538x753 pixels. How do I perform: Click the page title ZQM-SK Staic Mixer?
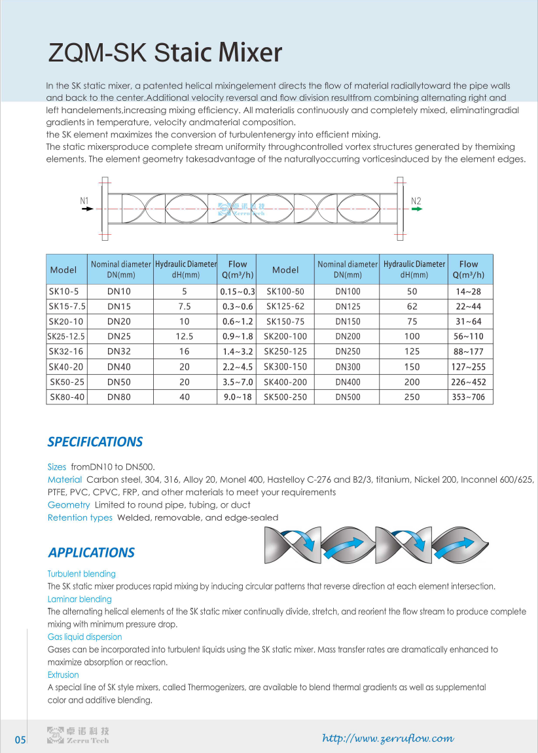(166, 52)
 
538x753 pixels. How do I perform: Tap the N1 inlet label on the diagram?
(84, 200)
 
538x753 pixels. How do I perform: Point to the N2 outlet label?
(416, 200)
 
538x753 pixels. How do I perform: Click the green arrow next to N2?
(417, 209)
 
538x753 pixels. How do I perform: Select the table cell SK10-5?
(63, 291)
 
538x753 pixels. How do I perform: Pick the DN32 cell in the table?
(119, 351)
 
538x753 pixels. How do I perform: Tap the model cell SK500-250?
(285, 396)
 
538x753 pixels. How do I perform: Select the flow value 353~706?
(469, 396)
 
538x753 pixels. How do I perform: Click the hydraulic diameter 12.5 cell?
(185, 336)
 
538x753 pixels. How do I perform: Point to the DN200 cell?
(348, 336)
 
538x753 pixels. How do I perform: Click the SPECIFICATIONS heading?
(95, 442)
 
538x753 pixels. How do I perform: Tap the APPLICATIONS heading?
(92, 553)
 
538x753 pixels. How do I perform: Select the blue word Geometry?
(69, 505)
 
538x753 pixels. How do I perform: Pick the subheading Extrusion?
(63, 674)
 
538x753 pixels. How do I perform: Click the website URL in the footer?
(388, 738)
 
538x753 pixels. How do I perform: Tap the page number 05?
(20, 740)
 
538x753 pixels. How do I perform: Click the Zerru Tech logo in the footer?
(78, 735)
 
